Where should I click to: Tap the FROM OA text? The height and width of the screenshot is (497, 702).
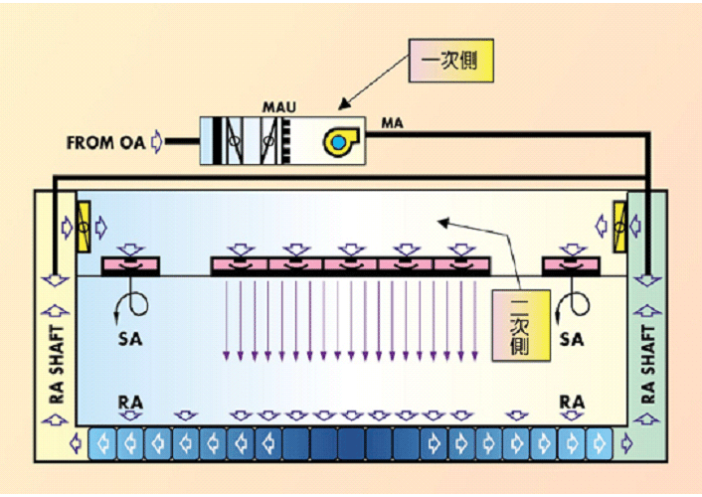coord(105,142)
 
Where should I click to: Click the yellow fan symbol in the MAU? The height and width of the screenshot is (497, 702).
coord(338,142)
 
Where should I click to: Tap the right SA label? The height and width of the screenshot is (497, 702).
coord(572,340)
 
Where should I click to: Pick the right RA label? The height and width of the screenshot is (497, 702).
coord(572,402)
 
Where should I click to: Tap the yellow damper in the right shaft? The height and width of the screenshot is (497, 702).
coord(620,226)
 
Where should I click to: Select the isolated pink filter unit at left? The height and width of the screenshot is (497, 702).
coord(130,265)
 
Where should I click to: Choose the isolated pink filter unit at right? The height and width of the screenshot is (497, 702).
coord(570,265)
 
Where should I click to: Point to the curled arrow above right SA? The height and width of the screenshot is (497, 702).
coord(574,301)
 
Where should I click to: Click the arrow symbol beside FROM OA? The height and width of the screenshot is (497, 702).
coord(155,142)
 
